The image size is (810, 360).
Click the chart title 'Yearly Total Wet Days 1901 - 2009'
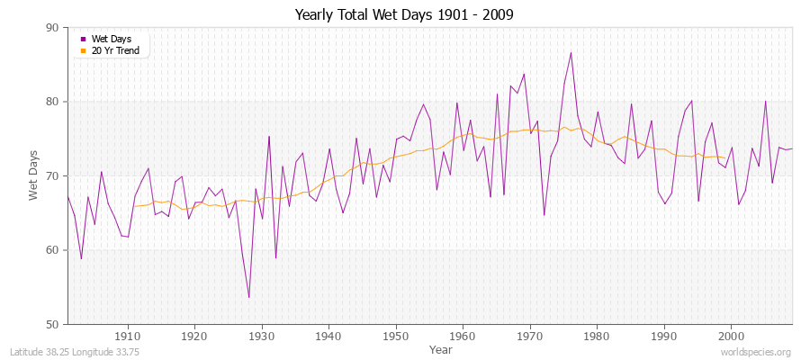pos(404,15)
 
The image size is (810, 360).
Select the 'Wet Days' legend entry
pos(111,39)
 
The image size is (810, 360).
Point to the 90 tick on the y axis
pos(51,28)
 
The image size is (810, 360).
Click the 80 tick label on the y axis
pos(51,102)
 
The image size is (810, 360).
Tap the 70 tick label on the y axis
pos(51,176)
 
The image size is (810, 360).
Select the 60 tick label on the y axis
pos(51,250)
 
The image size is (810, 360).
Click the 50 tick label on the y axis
pos(51,324)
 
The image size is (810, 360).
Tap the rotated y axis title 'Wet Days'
pos(34,176)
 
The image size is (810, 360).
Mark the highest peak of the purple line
pos(571,52)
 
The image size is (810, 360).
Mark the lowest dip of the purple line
pos(248,298)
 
